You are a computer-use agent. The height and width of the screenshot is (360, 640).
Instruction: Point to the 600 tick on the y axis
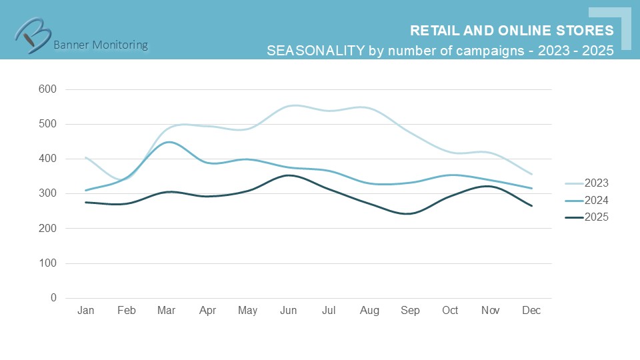tap(48, 89)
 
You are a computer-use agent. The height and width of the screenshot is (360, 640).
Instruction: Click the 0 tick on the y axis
tap(53, 298)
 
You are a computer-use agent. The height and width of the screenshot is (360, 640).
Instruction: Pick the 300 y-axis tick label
tap(48, 193)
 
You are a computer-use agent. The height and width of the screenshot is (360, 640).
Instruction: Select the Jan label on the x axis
tap(86, 311)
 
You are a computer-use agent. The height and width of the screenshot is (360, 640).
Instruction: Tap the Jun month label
tap(289, 311)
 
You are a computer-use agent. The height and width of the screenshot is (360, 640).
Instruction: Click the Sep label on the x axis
tap(410, 311)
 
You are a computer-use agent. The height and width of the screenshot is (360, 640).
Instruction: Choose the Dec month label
tap(531, 311)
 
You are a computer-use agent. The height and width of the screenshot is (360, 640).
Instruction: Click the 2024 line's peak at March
tap(167, 142)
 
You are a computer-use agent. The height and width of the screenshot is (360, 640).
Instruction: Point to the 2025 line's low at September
tap(409, 214)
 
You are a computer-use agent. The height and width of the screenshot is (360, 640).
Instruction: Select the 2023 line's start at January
tap(86, 157)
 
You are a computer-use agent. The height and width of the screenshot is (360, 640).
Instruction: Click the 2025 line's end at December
tap(531, 205)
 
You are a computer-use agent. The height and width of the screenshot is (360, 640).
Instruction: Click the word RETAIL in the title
tap(433, 31)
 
